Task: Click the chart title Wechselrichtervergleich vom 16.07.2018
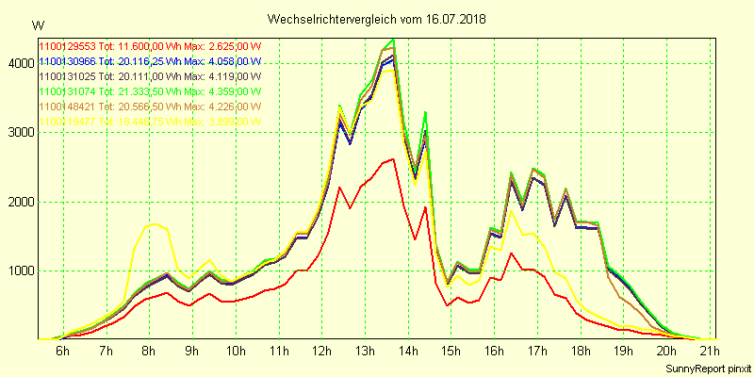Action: [x=377, y=19]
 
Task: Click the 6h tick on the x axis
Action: [x=62, y=352]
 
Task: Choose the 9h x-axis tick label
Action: [x=192, y=352]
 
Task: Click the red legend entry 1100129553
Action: [x=149, y=45]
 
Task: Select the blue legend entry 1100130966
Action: [x=149, y=60]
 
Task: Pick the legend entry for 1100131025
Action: [x=149, y=75]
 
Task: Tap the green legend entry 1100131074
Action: [x=149, y=91]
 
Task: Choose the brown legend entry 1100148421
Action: [x=149, y=107]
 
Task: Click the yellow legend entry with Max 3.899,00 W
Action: [x=149, y=122]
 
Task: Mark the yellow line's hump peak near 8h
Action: [x=156, y=224]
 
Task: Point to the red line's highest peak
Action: [x=392, y=159]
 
